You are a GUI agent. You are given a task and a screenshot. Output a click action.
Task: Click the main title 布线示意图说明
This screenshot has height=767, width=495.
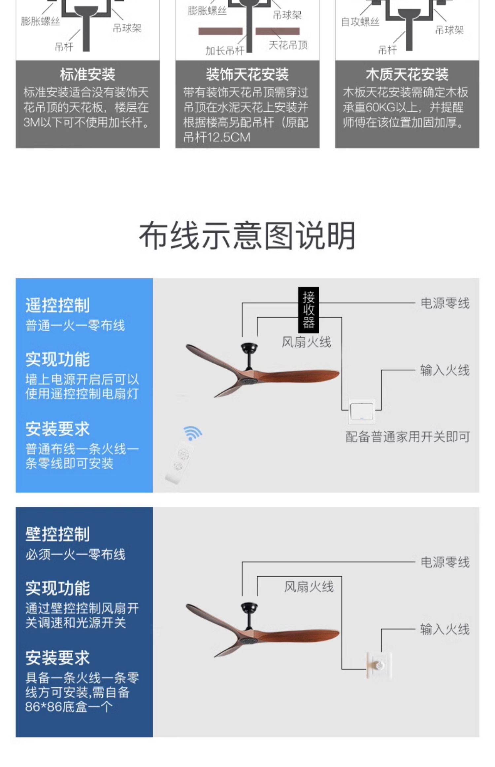click(x=247, y=236)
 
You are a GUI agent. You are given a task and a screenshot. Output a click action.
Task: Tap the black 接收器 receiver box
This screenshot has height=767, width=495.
click(x=309, y=310)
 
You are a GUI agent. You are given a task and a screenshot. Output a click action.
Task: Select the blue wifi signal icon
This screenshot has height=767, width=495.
click(x=192, y=433)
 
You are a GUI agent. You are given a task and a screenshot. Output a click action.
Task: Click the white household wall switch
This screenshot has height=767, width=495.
click(x=362, y=411)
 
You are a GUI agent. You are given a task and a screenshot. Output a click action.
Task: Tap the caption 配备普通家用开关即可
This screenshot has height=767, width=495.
click(x=408, y=437)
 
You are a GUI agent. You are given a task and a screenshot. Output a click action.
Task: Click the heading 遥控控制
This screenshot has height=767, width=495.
click(x=58, y=305)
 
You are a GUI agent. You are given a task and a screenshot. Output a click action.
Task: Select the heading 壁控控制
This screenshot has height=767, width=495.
click(x=58, y=534)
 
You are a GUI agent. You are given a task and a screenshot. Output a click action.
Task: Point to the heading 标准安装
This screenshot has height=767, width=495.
click(x=87, y=75)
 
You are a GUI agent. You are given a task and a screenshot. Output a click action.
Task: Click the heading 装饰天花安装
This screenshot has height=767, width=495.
click(x=247, y=75)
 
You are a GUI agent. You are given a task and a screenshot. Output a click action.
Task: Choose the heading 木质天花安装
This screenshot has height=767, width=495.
click(x=407, y=75)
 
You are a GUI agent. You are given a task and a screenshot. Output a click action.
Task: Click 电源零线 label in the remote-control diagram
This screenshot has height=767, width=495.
click(x=445, y=303)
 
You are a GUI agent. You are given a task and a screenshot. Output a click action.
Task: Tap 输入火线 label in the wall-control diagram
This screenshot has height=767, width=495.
click(x=445, y=629)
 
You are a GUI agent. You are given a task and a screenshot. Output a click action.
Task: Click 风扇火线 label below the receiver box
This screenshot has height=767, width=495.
click(x=306, y=342)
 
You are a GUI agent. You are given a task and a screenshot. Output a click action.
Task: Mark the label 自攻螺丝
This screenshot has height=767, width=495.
click(x=360, y=22)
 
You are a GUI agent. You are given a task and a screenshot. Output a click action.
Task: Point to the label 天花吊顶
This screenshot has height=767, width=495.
click(x=288, y=45)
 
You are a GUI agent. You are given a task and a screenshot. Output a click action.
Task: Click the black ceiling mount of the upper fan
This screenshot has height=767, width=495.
click(x=249, y=347)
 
